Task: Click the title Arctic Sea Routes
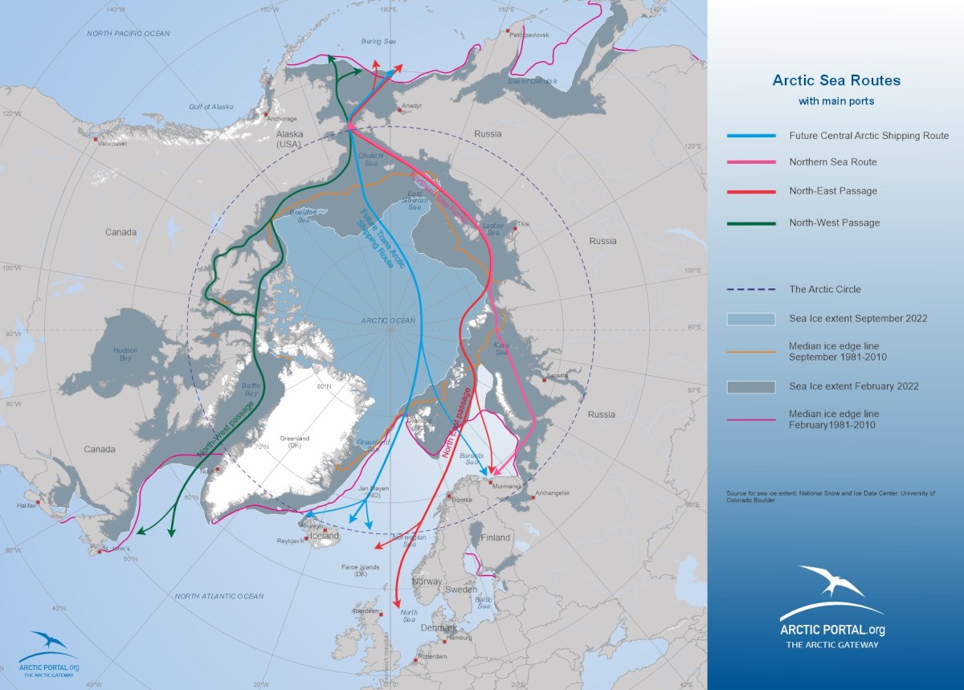click(x=836, y=80)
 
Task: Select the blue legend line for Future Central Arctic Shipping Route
click(x=751, y=136)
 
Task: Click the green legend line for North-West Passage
click(x=751, y=223)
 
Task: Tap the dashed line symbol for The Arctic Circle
click(x=751, y=289)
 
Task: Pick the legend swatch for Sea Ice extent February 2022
click(x=751, y=387)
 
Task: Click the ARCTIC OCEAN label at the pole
click(x=388, y=321)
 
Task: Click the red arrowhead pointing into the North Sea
click(x=397, y=604)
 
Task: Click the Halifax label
click(x=27, y=505)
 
